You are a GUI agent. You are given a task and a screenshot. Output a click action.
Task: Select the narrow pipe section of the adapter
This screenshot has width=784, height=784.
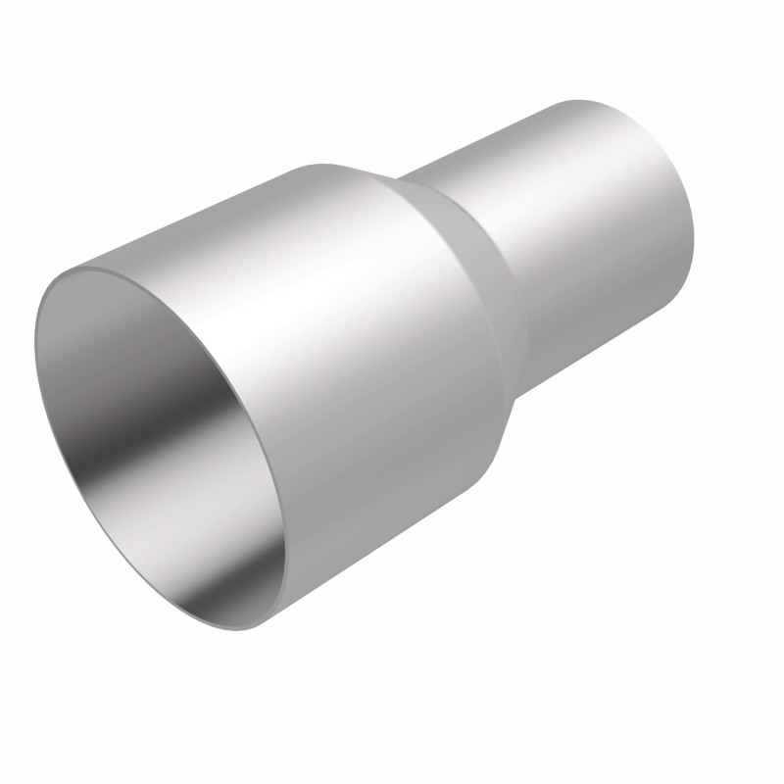588,235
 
